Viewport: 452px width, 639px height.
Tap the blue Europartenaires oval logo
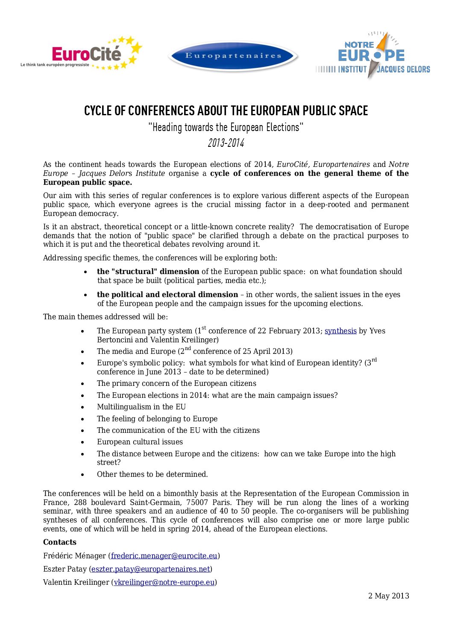(x=233, y=56)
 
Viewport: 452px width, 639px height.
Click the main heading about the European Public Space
(x=226, y=111)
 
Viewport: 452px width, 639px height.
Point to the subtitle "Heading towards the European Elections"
(x=226, y=127)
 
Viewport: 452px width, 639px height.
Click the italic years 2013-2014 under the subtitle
(x=226, y=143)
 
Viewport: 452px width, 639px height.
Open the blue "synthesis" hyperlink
(x=340, y=331)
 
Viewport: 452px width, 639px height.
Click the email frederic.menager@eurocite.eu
(x=164, y=556)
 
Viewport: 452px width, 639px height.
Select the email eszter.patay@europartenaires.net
(x=151, y=569)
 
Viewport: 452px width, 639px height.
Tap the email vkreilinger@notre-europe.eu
(x=164, y=582)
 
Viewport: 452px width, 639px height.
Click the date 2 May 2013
(x=388, y=596)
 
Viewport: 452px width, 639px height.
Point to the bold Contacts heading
(x=60, y=542)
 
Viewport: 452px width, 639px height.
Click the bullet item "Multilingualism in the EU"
(x=141, y=407)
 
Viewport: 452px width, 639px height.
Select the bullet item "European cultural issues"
(x=140, y=442)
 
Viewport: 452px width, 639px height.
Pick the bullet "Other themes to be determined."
(x=152, y=474)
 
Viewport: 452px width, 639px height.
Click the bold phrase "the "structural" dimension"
(x=148, y=271)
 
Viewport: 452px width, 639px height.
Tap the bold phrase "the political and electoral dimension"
(x=167, y=295)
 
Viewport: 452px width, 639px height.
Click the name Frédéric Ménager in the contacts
(x=74, y=556)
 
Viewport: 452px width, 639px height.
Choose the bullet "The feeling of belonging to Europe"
(x=157, y=419)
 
